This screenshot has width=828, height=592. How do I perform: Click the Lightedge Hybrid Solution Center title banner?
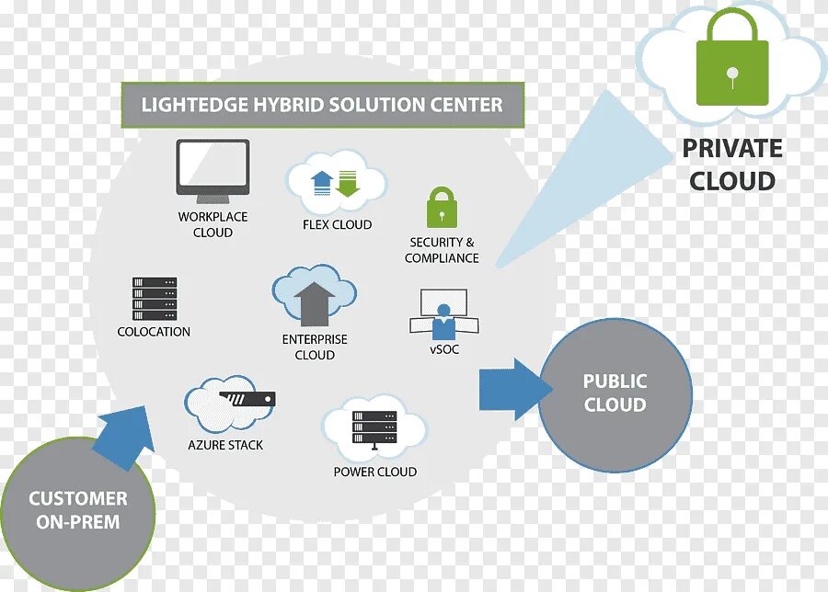(x=322, y=105)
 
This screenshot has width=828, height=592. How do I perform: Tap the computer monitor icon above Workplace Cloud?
(x=213, y=168)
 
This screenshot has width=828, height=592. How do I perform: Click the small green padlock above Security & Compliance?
(x=442, y=208)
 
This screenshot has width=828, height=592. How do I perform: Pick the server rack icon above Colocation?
(x=154, y=299)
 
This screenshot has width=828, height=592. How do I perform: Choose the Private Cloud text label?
(x=732, y=165)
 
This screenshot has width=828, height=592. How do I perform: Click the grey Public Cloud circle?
(x=615, y=393)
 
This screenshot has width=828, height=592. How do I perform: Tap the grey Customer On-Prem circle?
(x=77, y=509)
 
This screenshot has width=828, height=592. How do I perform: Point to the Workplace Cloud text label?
(x=213, y=224)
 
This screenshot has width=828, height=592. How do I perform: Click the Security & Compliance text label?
(x=442, y=250)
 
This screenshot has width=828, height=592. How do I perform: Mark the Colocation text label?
(x=154, y=332)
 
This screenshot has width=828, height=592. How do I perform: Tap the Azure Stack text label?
(x=225, y=445)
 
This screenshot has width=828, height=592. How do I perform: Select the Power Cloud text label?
(x=374, y=472)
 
